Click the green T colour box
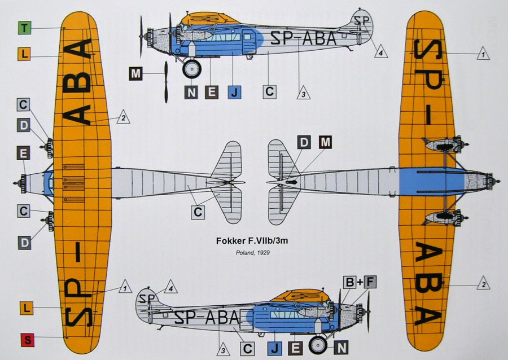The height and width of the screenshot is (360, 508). coord(25,28)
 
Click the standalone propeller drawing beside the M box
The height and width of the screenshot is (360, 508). coord(166,81)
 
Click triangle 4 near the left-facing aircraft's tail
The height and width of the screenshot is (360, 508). coord(382,51)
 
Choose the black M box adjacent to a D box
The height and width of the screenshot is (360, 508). coord(325,143)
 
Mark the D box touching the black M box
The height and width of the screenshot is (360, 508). coord(304,143)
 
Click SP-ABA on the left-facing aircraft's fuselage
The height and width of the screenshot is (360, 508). coord(303,38)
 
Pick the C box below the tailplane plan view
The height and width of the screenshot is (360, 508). coord(198,212)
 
